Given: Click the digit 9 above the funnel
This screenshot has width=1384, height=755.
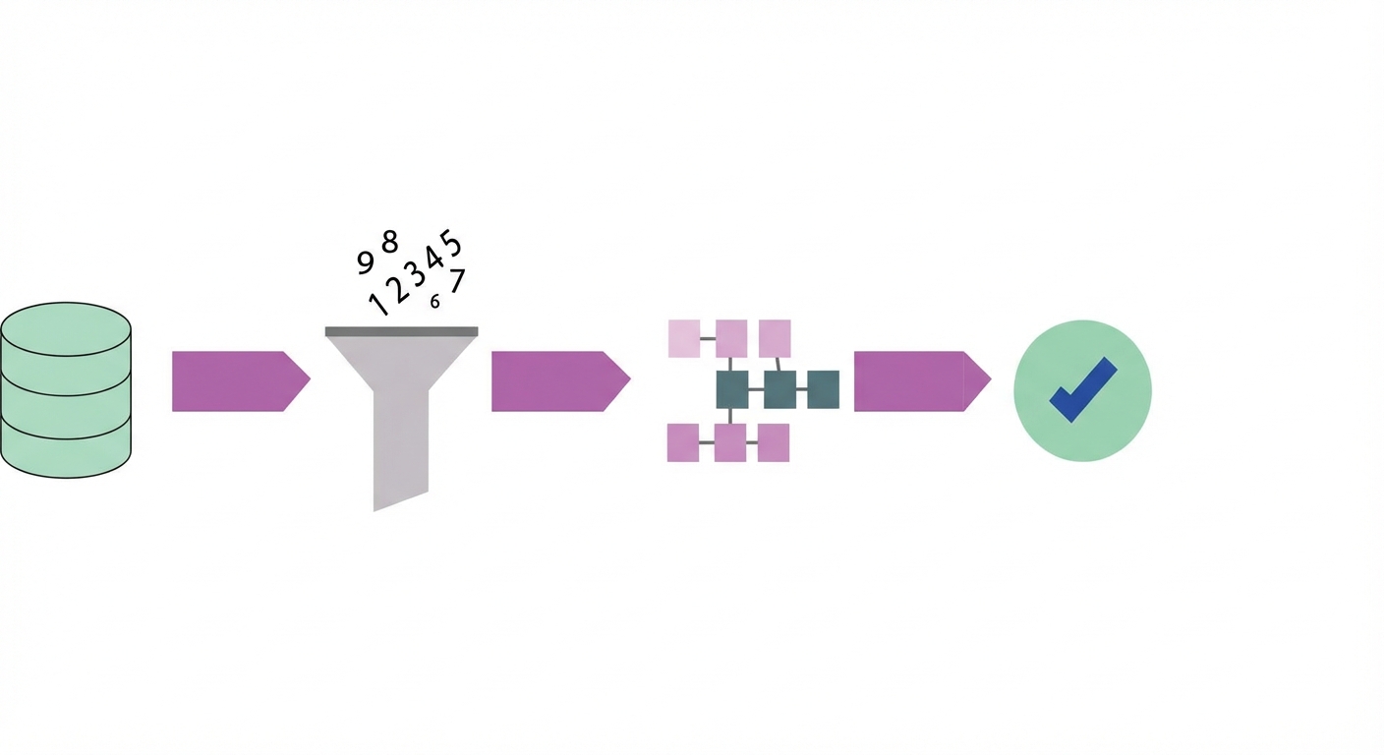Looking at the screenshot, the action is (x=365, y=262).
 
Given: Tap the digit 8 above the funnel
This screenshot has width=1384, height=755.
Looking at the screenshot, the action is (x=389, y=242).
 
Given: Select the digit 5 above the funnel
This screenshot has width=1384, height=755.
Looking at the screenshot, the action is (x=451, y=243).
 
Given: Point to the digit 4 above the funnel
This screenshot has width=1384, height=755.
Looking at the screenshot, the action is (x=433, y=257).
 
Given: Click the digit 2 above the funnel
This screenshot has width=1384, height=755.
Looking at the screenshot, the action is (x=397, y=288).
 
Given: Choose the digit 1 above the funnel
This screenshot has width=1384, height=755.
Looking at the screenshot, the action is (x=377, y=304).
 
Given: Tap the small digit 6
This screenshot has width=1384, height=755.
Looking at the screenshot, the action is (x=435, y=302).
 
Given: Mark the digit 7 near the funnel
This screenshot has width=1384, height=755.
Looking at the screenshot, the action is (x=457, y=280).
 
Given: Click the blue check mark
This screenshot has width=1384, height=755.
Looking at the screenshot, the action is (x=1082, y=390).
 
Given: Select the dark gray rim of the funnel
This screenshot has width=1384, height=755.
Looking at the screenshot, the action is (x=402, y=331).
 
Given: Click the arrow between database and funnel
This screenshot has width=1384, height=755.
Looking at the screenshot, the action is (x=241, y=381).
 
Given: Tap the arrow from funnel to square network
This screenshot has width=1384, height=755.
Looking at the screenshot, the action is (x=561, y=381).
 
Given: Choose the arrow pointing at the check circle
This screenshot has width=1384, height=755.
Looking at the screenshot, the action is (x=923, y=381).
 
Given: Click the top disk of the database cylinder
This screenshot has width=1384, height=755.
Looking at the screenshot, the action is (x=66, y=329).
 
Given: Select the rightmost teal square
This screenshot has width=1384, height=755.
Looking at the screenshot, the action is (x=824, y=389).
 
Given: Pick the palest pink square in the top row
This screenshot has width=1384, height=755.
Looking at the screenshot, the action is (x=684, y=338).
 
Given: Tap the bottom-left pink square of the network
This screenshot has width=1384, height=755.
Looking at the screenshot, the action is (x=683, y=442).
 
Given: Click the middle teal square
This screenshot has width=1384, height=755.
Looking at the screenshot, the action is (x=779, y=389).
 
